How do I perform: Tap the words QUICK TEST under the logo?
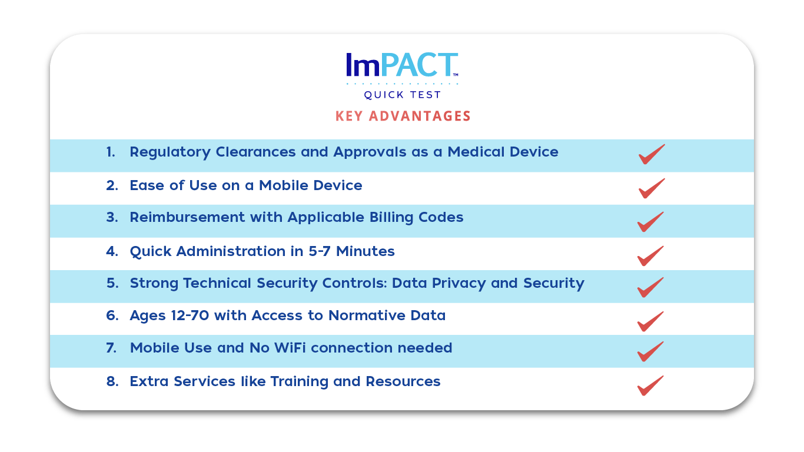[x=403, y=95]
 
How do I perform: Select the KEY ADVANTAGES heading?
[x=403, y=116]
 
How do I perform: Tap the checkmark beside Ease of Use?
[x=651, y=189]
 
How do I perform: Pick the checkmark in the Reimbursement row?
[x=650, y=222]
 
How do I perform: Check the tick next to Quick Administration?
[x=650, y=257]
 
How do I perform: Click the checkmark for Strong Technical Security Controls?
[x=650, y=288]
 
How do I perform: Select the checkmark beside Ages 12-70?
[x=650, y=322]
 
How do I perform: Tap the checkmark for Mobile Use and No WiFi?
[x=650, y=352]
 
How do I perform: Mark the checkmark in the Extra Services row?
[x=650, y=386]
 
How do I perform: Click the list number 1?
[x=111, y=152]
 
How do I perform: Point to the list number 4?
[x=112, y=251]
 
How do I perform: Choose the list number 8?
[x=112, y=381]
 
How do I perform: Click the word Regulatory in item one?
[x=170, y=152]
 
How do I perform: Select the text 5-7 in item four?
[x=319, y=251]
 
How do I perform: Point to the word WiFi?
[x=290, y=348]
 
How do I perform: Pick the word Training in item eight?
[x=300, y=382]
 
